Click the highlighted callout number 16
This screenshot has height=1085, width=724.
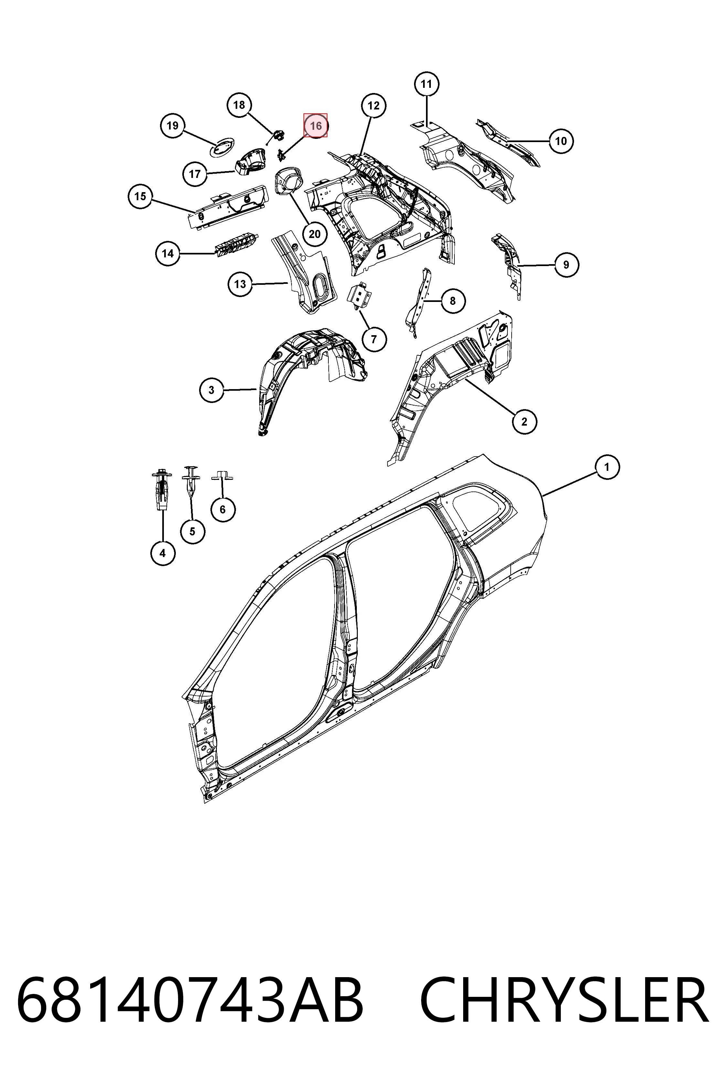tap(315, 126)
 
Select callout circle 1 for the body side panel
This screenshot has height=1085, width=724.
tap(606, 467)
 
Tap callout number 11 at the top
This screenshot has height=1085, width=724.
tap(426, 84)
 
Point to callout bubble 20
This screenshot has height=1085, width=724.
tap(314, 234)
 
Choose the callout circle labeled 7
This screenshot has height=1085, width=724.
tap(374, 339)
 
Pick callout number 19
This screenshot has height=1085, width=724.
tap(172, 126)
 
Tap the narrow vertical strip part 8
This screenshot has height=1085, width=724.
tap(418, 302)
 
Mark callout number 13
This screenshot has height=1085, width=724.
tap(240, 284)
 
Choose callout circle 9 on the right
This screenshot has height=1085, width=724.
tap(566, 264)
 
